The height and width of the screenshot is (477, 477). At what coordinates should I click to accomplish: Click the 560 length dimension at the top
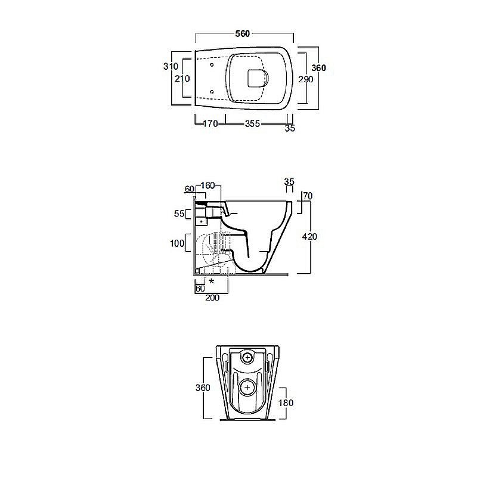click(x=243, y=33)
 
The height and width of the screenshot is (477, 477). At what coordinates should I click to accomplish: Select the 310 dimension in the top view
click(x=171, y=66)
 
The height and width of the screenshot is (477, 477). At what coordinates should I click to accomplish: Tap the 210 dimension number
click(x=182, y=79)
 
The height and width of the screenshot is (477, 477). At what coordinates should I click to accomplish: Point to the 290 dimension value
click(x=305, y=79)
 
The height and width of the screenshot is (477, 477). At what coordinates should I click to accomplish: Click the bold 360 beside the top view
click(x=319, y=68)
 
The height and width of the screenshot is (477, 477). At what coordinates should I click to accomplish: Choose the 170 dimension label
click(x=210, y=123)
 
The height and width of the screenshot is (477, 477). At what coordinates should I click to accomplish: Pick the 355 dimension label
click(x=252, y=123)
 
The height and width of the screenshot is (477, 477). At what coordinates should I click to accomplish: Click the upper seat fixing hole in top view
click(x=212, y=65)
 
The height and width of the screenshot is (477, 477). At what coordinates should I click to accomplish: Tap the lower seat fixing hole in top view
click(x=212, y=92)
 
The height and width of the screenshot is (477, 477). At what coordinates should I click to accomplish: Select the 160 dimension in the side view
click(x=207, y=185)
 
